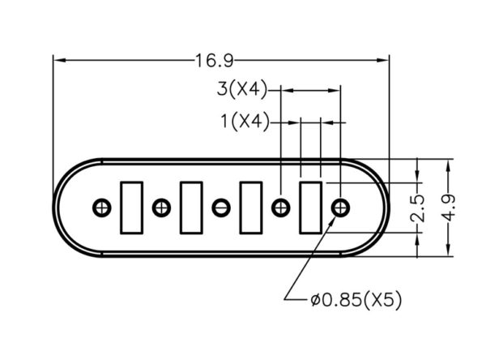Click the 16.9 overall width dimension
click(214, 61)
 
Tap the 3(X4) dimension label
click(242, 89)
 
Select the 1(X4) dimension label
click(245, 121)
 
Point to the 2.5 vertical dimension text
click(417, 208)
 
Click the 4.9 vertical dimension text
click(449, 208)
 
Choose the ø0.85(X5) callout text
click(356, 300)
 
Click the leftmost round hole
click(102, 208)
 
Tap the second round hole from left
click(161, 208)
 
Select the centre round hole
click(221, 208)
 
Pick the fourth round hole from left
click(280, 208)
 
